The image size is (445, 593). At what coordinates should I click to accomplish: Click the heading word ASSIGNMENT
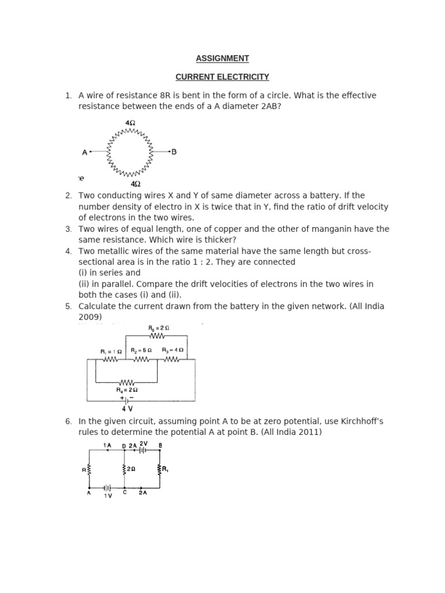pyautogui.click(x=222, y=58)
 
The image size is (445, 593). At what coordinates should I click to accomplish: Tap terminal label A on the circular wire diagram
pyautogui.click(x=85, y=152)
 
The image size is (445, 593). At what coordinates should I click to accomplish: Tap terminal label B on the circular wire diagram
pyautogui.click(x=174, y=152)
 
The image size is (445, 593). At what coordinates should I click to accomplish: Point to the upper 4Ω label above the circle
pyautogui.click(x=130, y=123)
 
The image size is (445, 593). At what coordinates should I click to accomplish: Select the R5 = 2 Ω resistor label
pyautogui.click(x=158, y=328)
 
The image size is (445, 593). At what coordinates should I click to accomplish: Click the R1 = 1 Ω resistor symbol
pyautogui.click(x=110, y=360)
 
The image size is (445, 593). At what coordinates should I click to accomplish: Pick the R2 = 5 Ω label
pyautogui.click(x=141, y=350)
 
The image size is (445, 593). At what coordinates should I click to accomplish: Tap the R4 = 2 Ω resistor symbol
pyautogui.click(x=126, y=383)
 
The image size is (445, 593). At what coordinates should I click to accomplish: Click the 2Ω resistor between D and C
pyautogui.click(x=124, y=469)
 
